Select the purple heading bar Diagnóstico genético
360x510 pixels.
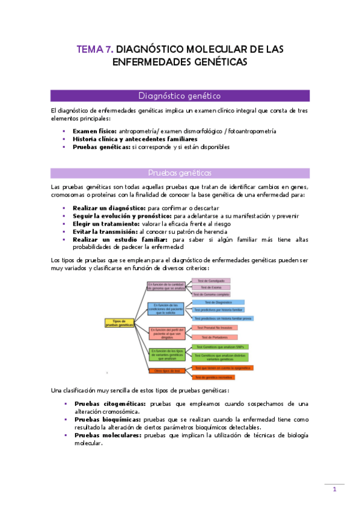pyautogui.click(x=179, y=95)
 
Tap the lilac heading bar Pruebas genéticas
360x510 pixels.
pyautogui.click(x=179, y=173)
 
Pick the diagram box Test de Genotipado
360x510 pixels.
pyautogui.click(x=211, y=281)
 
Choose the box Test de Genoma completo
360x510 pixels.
pyautogui.click(x=212, y=294)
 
